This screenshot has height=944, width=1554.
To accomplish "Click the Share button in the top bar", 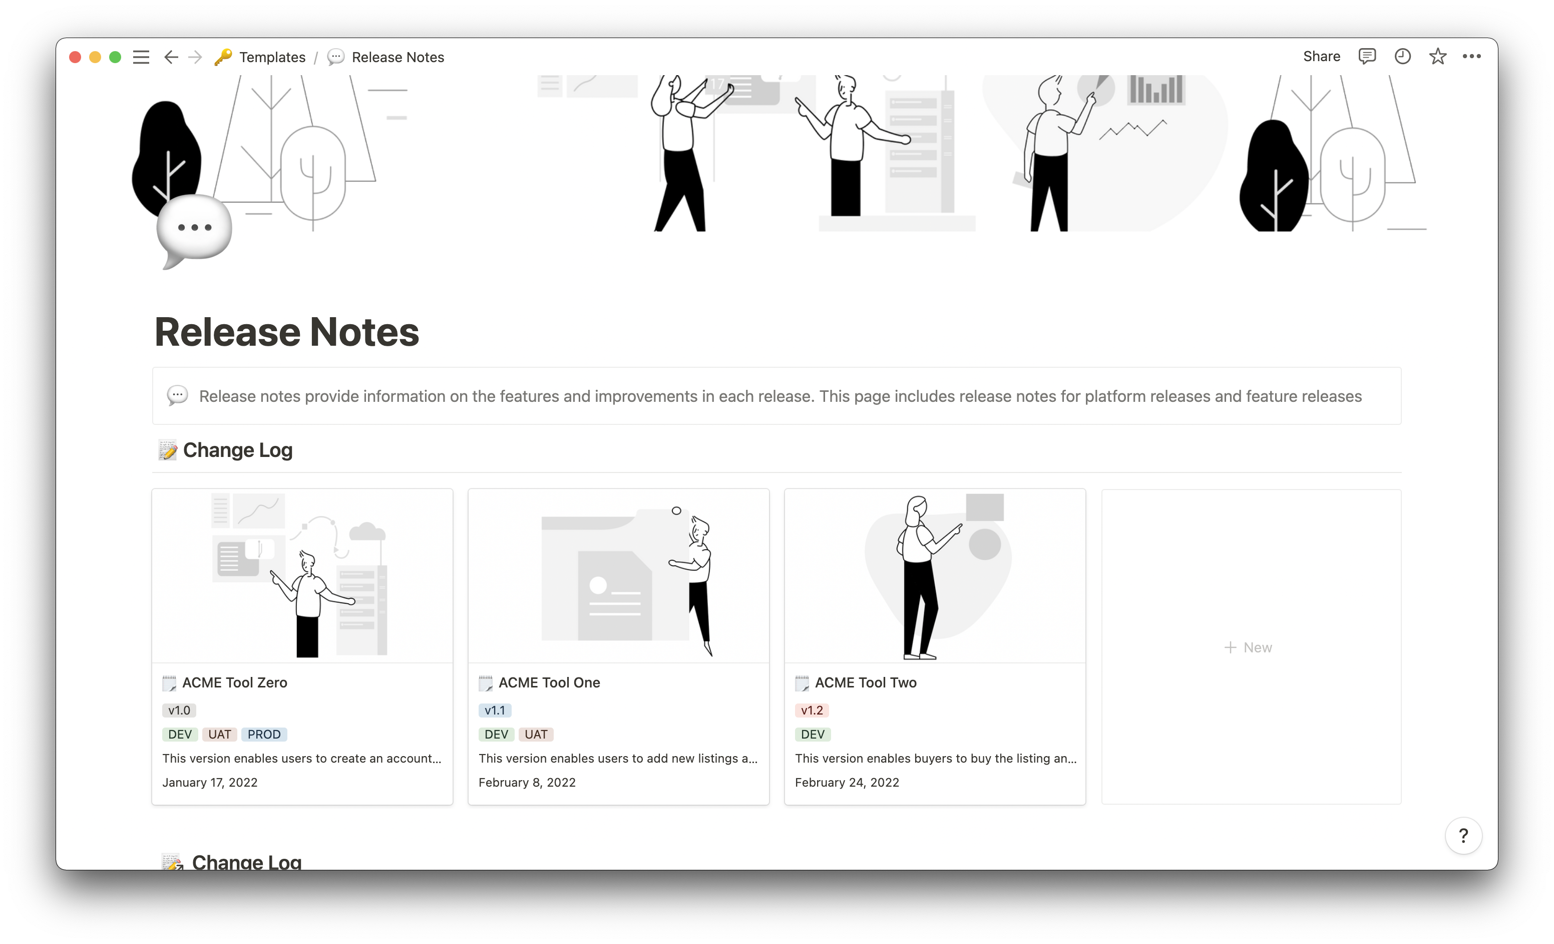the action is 1321,57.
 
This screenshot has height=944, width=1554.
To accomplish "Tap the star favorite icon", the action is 1437,57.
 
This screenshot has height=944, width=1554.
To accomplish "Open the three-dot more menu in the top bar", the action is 1471,57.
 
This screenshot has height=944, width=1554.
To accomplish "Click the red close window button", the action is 75,58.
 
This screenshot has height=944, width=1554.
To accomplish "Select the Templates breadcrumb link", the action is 272,58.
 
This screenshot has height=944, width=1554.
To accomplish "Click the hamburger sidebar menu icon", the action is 141,58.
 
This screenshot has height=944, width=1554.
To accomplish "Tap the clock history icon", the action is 1402,57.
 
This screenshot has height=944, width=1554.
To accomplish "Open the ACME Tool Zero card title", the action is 235,683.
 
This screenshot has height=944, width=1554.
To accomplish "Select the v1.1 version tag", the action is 495,711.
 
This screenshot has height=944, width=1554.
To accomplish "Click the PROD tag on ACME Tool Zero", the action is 264,735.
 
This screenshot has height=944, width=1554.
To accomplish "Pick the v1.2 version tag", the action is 812,711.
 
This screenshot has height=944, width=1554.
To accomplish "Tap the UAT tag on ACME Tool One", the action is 536,735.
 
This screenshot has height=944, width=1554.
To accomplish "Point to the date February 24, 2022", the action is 847,783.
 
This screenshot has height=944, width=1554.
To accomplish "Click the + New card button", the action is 1248,647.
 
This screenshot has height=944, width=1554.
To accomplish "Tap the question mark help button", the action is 1463,835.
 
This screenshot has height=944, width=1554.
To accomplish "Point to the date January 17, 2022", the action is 210,783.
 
